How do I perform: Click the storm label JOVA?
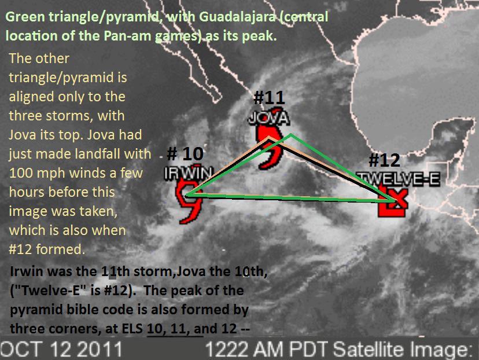(268, 119)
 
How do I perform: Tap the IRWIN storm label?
(188, 174)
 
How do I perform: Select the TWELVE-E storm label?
(399, 179)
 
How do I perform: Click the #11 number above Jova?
(269, 97)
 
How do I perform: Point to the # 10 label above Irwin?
(185, 153)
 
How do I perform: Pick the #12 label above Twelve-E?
(384, 160)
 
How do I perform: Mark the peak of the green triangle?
(291, 134)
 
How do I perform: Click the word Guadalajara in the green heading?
(237, 17)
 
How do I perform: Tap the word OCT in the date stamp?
(20, 348)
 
